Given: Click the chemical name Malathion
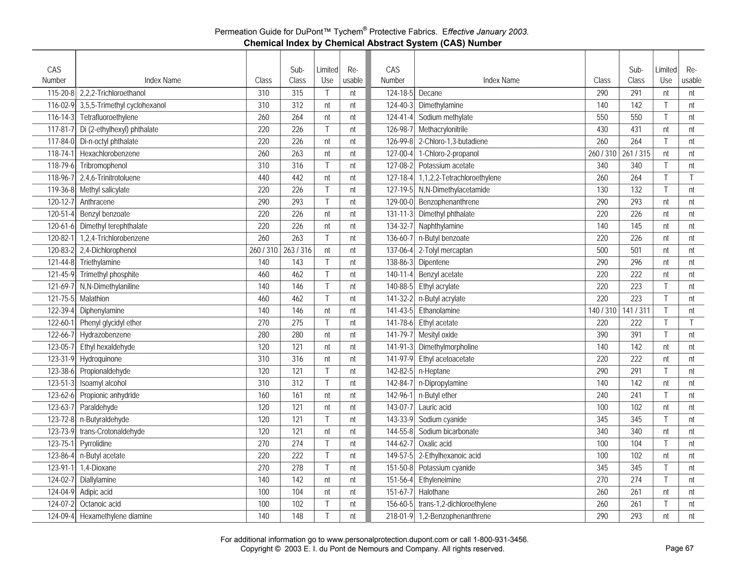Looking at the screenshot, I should [94, 299].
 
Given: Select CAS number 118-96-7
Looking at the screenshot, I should [61, 178].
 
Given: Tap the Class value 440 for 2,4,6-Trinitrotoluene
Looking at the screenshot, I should [263, 178].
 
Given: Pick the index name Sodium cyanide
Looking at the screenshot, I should [442, 419].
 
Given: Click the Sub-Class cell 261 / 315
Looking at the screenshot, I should [636, 154].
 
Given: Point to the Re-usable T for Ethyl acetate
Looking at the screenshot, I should [691, 323].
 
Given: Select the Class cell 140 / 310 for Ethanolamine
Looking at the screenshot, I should [602, 311].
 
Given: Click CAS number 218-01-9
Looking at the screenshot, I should [399, 516].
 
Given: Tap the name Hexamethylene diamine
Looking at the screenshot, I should [116, 516].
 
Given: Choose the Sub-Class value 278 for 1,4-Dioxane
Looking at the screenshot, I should [297, 468].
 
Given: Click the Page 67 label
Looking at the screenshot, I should [679, 548].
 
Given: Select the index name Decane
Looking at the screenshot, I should [430, 93].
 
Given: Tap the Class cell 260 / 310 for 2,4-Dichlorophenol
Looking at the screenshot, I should [263, 250].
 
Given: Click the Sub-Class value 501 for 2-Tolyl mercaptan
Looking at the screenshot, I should [636, 250].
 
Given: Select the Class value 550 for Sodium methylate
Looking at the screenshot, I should [602, 117].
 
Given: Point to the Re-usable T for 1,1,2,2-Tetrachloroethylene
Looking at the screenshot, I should [691, 178].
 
